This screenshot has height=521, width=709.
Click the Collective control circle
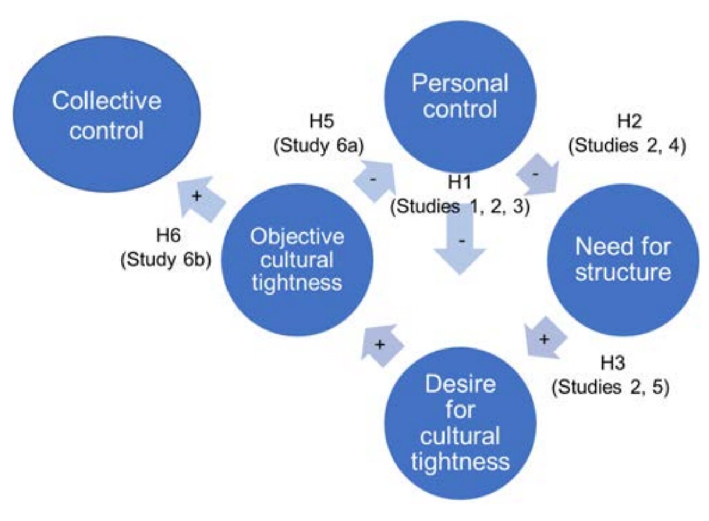click(x=107, y=114)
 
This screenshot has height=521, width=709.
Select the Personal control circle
click(x=460, y=96)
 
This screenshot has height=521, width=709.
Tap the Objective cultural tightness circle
click(x=297, y=260)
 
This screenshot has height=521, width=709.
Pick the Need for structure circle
click(x=623, y=260)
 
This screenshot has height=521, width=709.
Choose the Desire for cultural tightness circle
click(x=460, y=423)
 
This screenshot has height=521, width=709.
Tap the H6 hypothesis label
click(x=168, y=235)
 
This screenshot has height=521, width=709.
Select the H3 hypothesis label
click(x=613, y=363)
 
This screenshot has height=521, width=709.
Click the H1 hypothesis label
click(x=460, y=182)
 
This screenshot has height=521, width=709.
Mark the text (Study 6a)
click(x=319, y=146)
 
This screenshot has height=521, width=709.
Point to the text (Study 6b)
click(x=165, y=260)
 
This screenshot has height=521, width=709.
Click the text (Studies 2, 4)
click(x=627, y=146)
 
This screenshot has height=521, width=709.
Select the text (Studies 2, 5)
click(x=611, y=388)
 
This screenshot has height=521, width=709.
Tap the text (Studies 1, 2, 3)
click(x=460, y=207)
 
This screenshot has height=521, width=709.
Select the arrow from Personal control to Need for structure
click(x=538, y=174)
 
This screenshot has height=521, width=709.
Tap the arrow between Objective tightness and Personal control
click(x=375, y=181)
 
